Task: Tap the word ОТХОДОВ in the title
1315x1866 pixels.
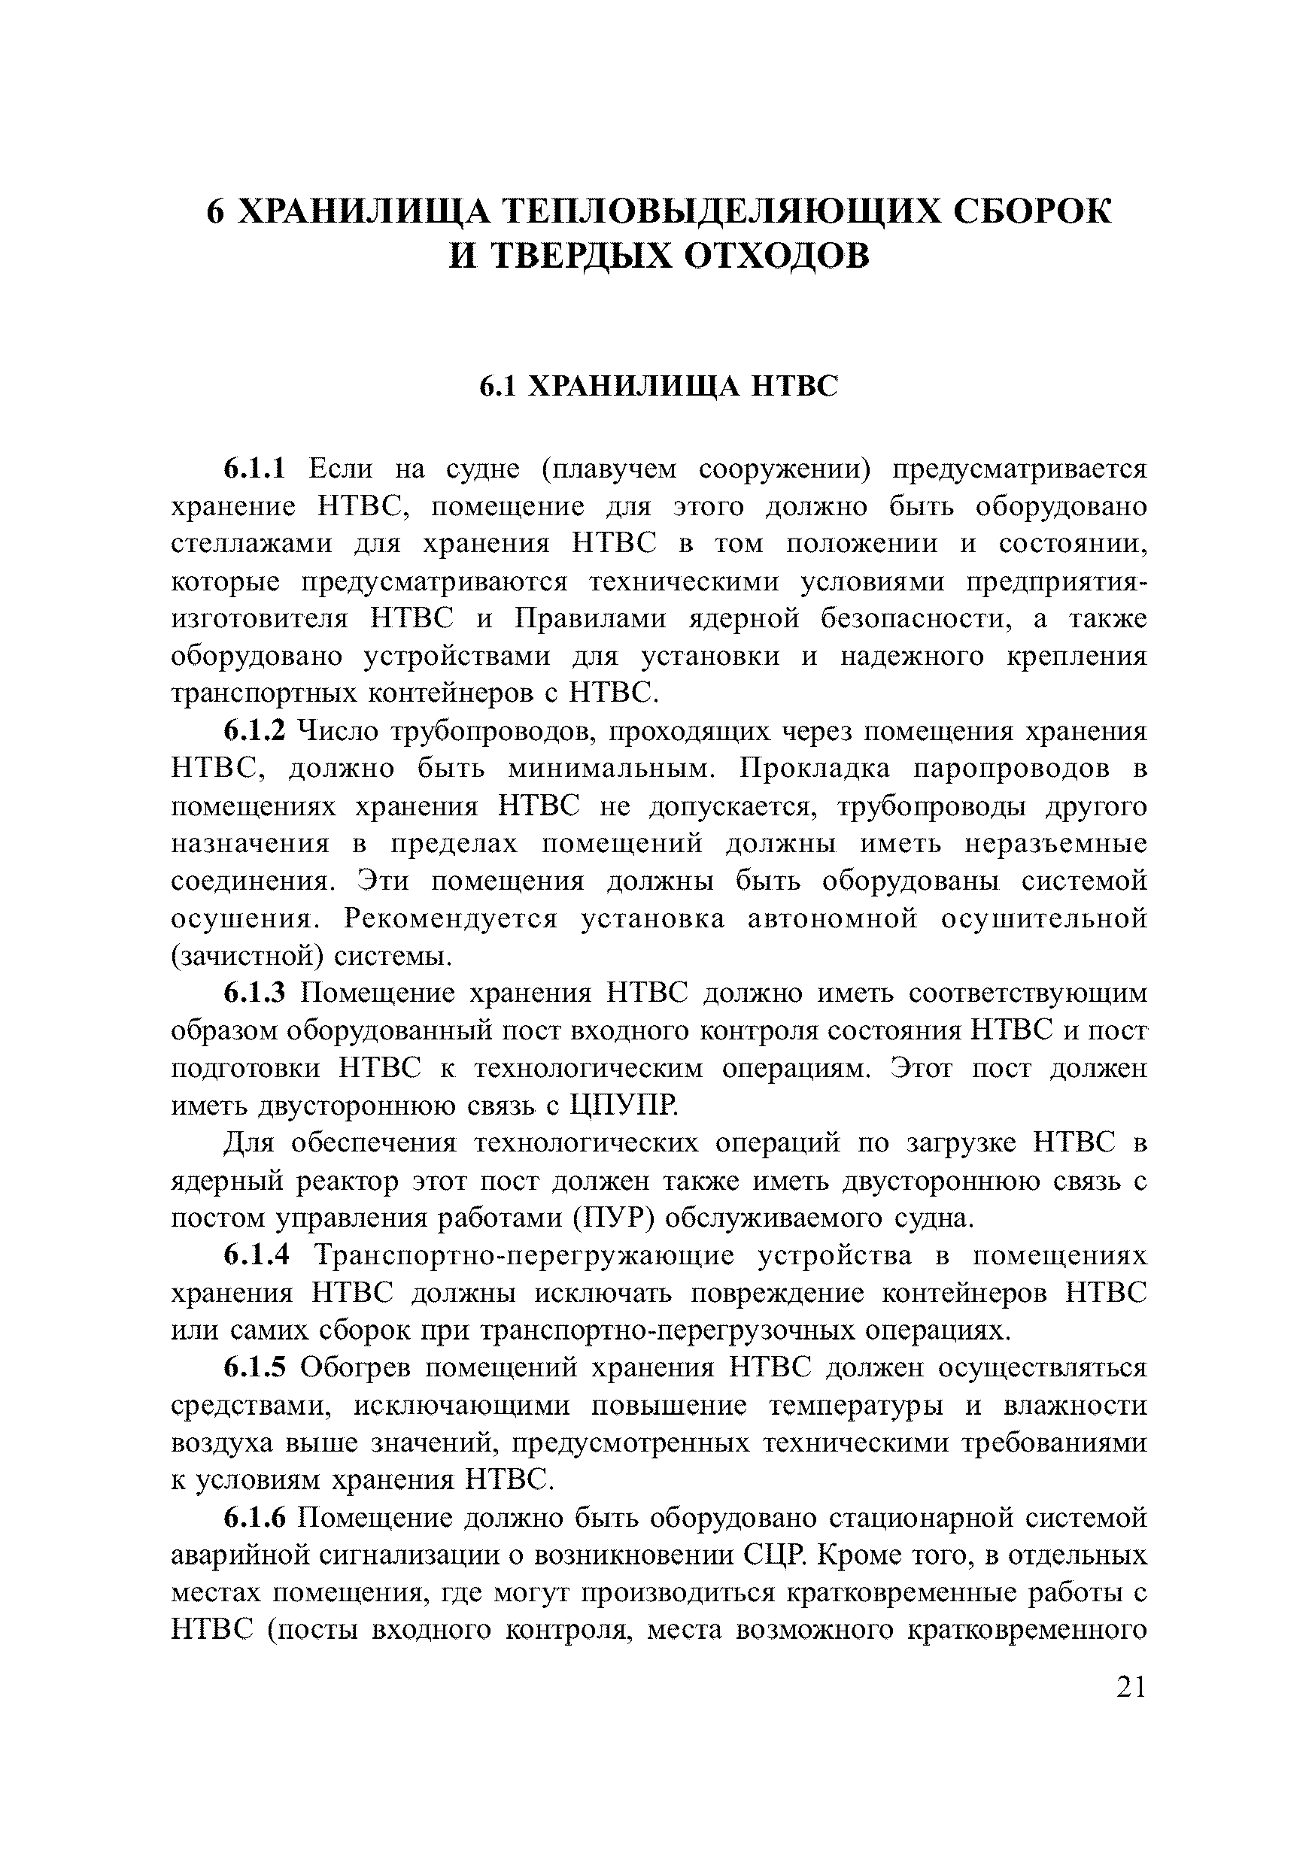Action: point(776,258)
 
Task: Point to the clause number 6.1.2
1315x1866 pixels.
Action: point(255,732)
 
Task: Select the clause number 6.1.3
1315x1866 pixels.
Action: point(255,993)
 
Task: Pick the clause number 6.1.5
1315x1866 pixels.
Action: point(255,1368)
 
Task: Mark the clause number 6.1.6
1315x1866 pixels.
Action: point(255,1517)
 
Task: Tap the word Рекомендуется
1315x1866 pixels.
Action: point(452,919)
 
